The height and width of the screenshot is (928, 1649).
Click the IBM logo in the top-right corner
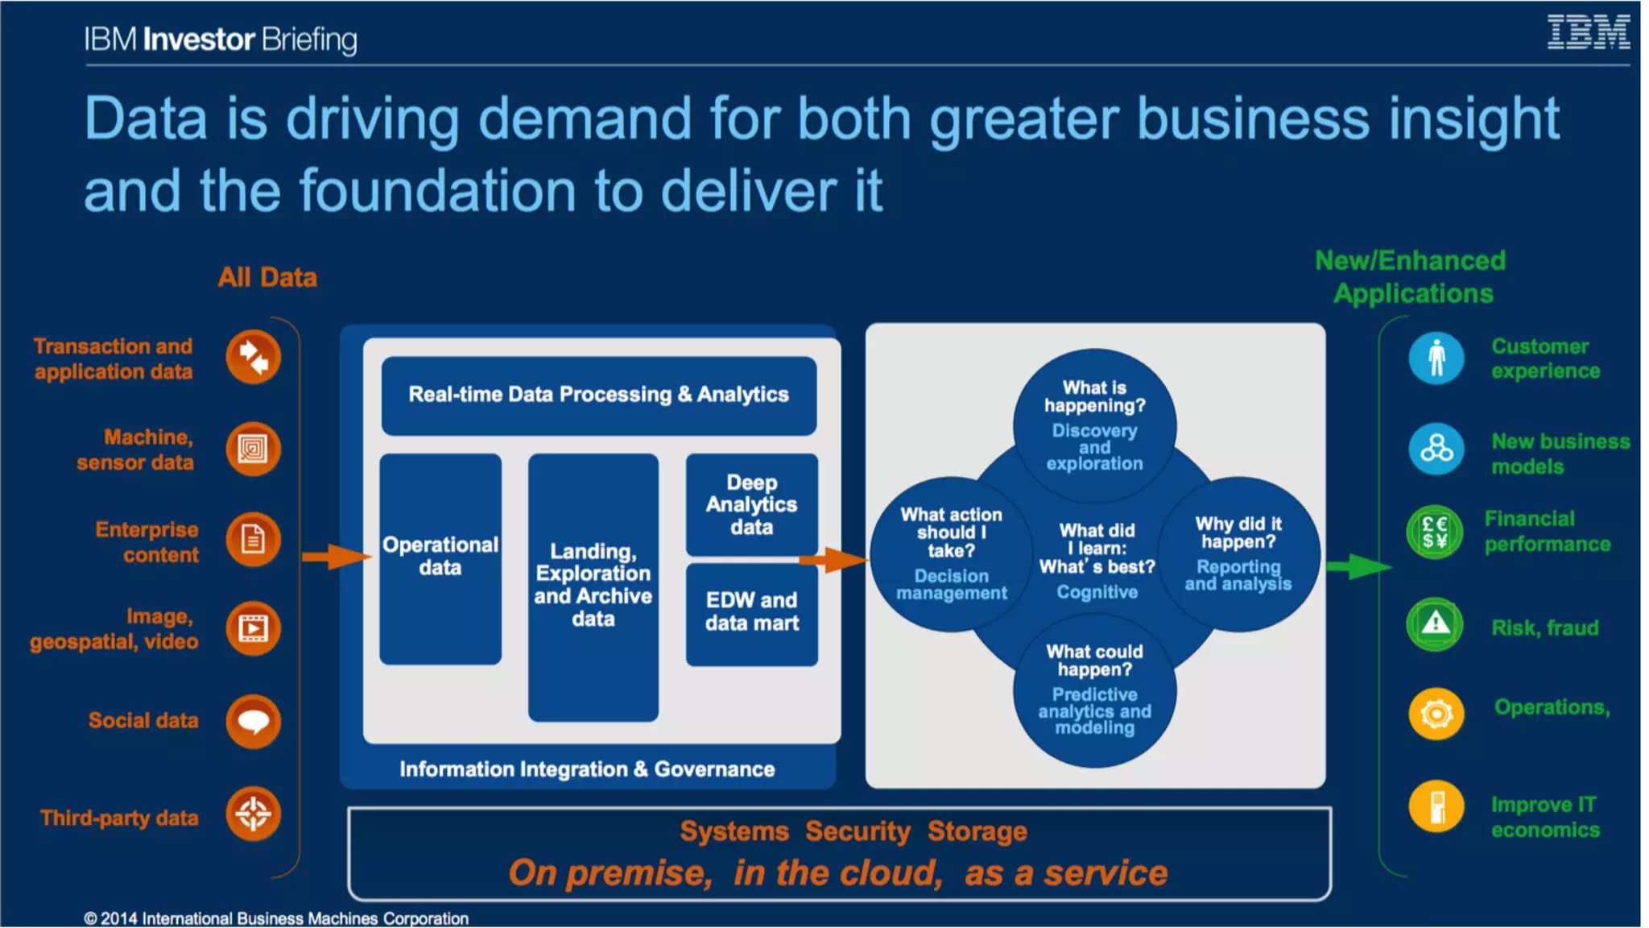(1588, 33)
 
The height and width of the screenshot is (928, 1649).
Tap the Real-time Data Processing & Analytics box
(598, 395)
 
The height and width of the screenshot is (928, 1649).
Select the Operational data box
(440, 557)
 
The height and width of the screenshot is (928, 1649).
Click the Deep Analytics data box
(751, 504)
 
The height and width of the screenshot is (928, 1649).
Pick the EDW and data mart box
(751, 612)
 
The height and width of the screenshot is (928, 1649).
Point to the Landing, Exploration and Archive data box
(593, 586)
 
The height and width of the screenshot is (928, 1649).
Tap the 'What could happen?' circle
(1094, 690)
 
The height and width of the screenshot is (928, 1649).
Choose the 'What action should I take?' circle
(950, 553)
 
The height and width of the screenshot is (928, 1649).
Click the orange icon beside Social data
(253, 720)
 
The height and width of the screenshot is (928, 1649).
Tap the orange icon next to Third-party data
(253, 814)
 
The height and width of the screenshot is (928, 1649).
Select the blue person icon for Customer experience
(1436, 358)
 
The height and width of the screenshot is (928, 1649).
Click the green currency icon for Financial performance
(1435, 532)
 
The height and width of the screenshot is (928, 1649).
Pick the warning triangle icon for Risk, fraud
(1435, 623)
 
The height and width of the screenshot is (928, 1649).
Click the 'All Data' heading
(267, 277)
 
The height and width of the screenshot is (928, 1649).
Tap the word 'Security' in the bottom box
(858, 831)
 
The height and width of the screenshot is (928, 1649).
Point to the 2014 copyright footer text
(276, 918)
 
